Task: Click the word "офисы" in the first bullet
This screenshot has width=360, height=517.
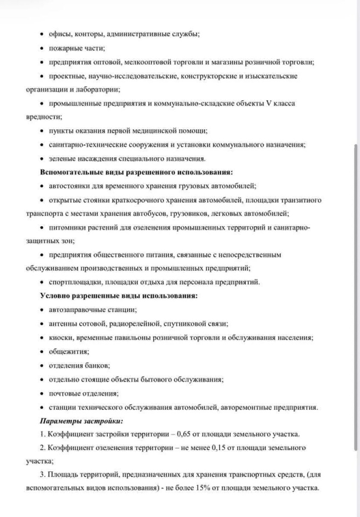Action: [x=58, y=34]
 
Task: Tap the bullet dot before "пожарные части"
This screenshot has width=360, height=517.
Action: [x=42, y=48]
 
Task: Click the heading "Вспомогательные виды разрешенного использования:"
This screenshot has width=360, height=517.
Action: [x=136, y=172]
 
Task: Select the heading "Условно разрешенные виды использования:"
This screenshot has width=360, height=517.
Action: [x=119, y=296]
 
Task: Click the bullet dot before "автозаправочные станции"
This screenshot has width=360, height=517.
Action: [x=42, y=310]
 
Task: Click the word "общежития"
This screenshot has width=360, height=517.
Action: [x=67, y=352]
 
